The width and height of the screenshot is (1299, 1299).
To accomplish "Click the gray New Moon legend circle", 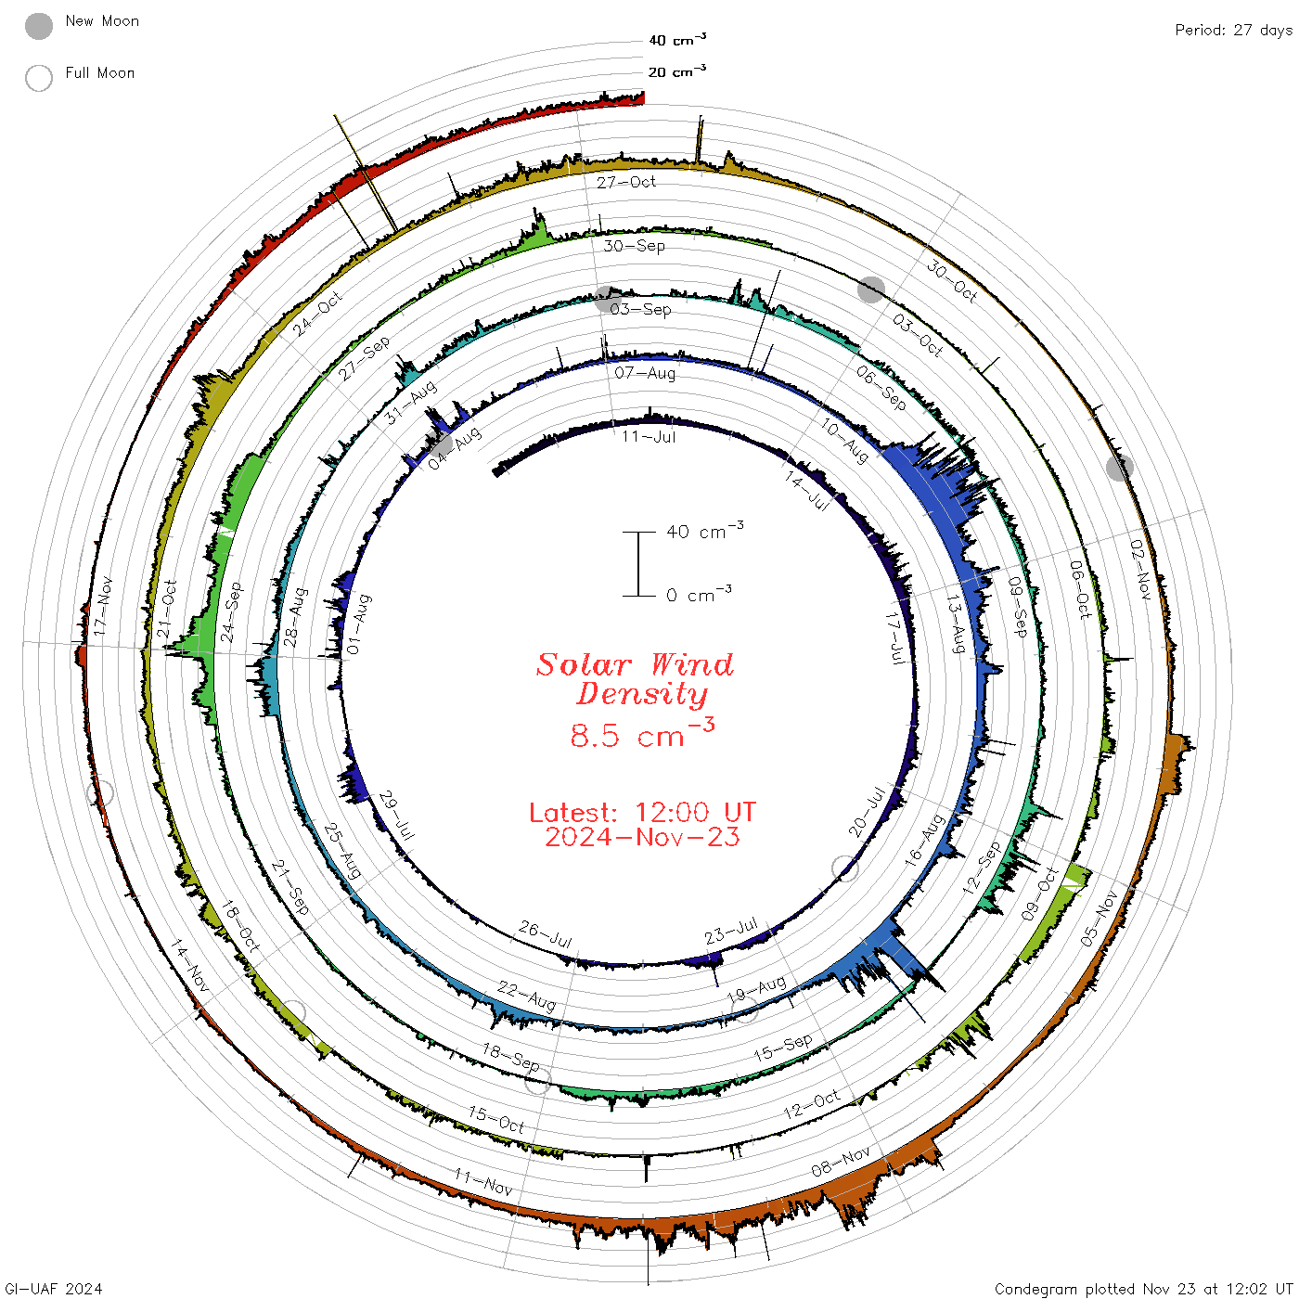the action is click(39, 26).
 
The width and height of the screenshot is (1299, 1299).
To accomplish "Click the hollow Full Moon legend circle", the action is click(39, 78).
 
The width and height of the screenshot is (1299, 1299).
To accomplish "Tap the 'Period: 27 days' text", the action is click(1234, 31).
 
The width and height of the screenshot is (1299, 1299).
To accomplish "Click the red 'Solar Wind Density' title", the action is click(635, 679).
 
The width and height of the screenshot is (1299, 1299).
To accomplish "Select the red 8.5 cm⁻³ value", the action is click(642, 734).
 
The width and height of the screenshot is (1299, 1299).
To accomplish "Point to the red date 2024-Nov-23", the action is click(642, 837).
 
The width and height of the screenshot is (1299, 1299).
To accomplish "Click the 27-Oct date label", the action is click(626, 182).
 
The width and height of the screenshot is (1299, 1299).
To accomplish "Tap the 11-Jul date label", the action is click(649, 437).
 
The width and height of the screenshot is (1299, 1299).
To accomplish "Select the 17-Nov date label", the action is click(102, 606).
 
